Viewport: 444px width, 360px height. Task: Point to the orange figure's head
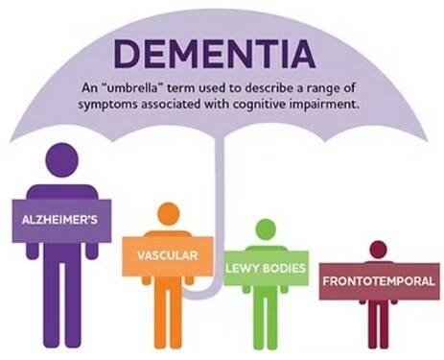tap(168, 214)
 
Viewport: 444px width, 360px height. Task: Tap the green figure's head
tap(265, 229)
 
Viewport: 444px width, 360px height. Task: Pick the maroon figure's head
tap(378, 250)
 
